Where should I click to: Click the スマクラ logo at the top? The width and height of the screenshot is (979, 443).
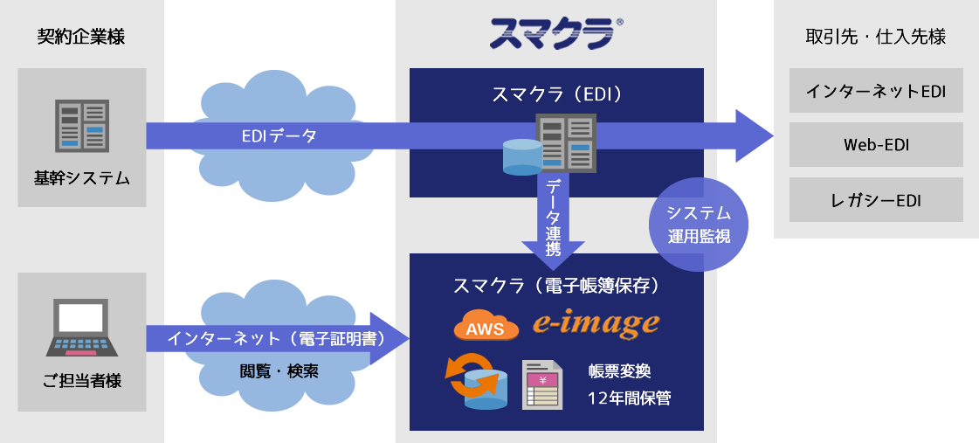click(x=555, y=34)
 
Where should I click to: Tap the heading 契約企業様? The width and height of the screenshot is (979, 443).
click(x=81, y=37)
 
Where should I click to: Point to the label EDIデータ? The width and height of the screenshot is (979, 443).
click(x=279, y=136)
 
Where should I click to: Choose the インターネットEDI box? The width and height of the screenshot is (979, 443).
click(x=876, y=91)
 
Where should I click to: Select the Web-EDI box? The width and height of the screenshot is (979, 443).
click(x=876, y=145)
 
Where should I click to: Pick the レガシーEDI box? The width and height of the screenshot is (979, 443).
click(x=876, y=200)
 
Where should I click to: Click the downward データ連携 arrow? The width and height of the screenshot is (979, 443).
click(x=553, y=219)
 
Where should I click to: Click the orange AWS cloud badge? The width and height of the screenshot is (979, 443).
click(x=486, y=327)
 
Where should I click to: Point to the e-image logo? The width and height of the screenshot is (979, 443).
click(x=596, y=324)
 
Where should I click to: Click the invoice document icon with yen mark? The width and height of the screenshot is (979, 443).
click(x=542, y=384)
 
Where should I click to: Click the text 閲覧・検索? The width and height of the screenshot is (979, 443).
click(x=279, y=370)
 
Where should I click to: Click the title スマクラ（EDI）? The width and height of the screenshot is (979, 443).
click(x=556, y=93)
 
